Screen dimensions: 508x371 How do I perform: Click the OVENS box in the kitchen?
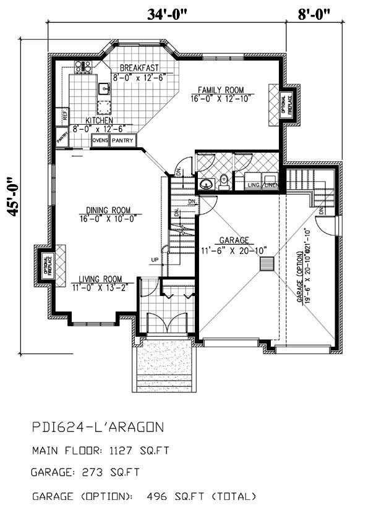coord(100,141)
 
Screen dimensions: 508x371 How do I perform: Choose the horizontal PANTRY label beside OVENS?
coord(122,141)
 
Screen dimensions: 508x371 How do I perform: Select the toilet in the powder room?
coord(224,180)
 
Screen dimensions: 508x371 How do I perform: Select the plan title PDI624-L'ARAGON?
coord(97,427)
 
